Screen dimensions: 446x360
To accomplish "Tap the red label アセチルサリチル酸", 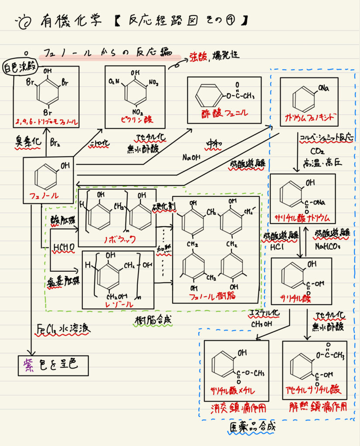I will pos(313,389).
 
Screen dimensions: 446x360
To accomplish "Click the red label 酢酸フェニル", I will pos(225,113).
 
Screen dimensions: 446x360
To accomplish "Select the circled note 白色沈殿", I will pos(20,68).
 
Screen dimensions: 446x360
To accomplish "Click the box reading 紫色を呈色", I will pos(53,365).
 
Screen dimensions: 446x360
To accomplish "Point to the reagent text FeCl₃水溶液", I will pos(64,329).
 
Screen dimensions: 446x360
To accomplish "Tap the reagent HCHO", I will pos(63,248).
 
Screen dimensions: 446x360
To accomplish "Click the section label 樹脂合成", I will pos(153,320).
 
